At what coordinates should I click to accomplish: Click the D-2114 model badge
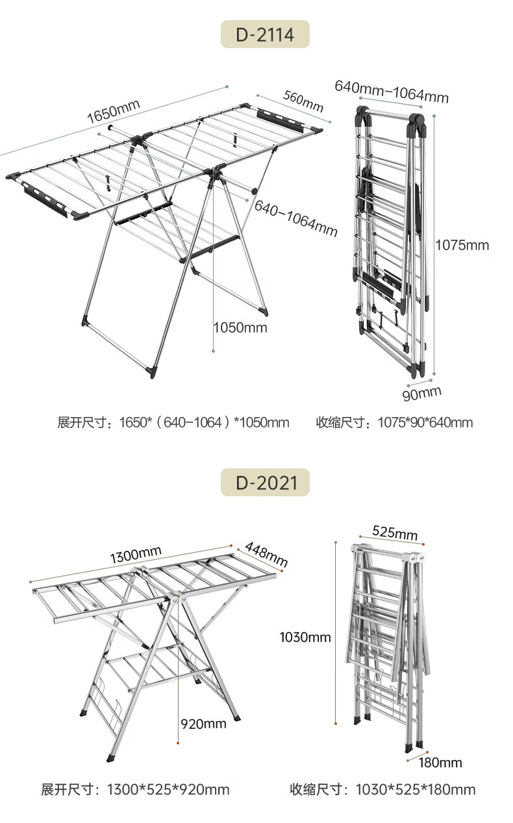[265, 34]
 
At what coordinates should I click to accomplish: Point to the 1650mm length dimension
[114, 110]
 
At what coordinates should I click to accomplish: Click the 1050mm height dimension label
[241, 327]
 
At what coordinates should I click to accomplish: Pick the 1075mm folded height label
[462, 245]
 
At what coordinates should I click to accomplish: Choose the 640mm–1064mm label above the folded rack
[392, 92]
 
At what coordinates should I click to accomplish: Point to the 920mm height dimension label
[204, 724]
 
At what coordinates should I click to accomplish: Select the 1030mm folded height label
[305, 637]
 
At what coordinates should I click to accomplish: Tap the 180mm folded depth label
[440, 762]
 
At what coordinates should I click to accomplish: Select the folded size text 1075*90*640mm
[394, 423]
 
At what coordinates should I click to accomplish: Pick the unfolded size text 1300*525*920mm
[135, 790]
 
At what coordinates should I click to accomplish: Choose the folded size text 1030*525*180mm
[382, 790]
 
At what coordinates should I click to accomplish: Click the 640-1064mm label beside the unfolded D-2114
[296, 218]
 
